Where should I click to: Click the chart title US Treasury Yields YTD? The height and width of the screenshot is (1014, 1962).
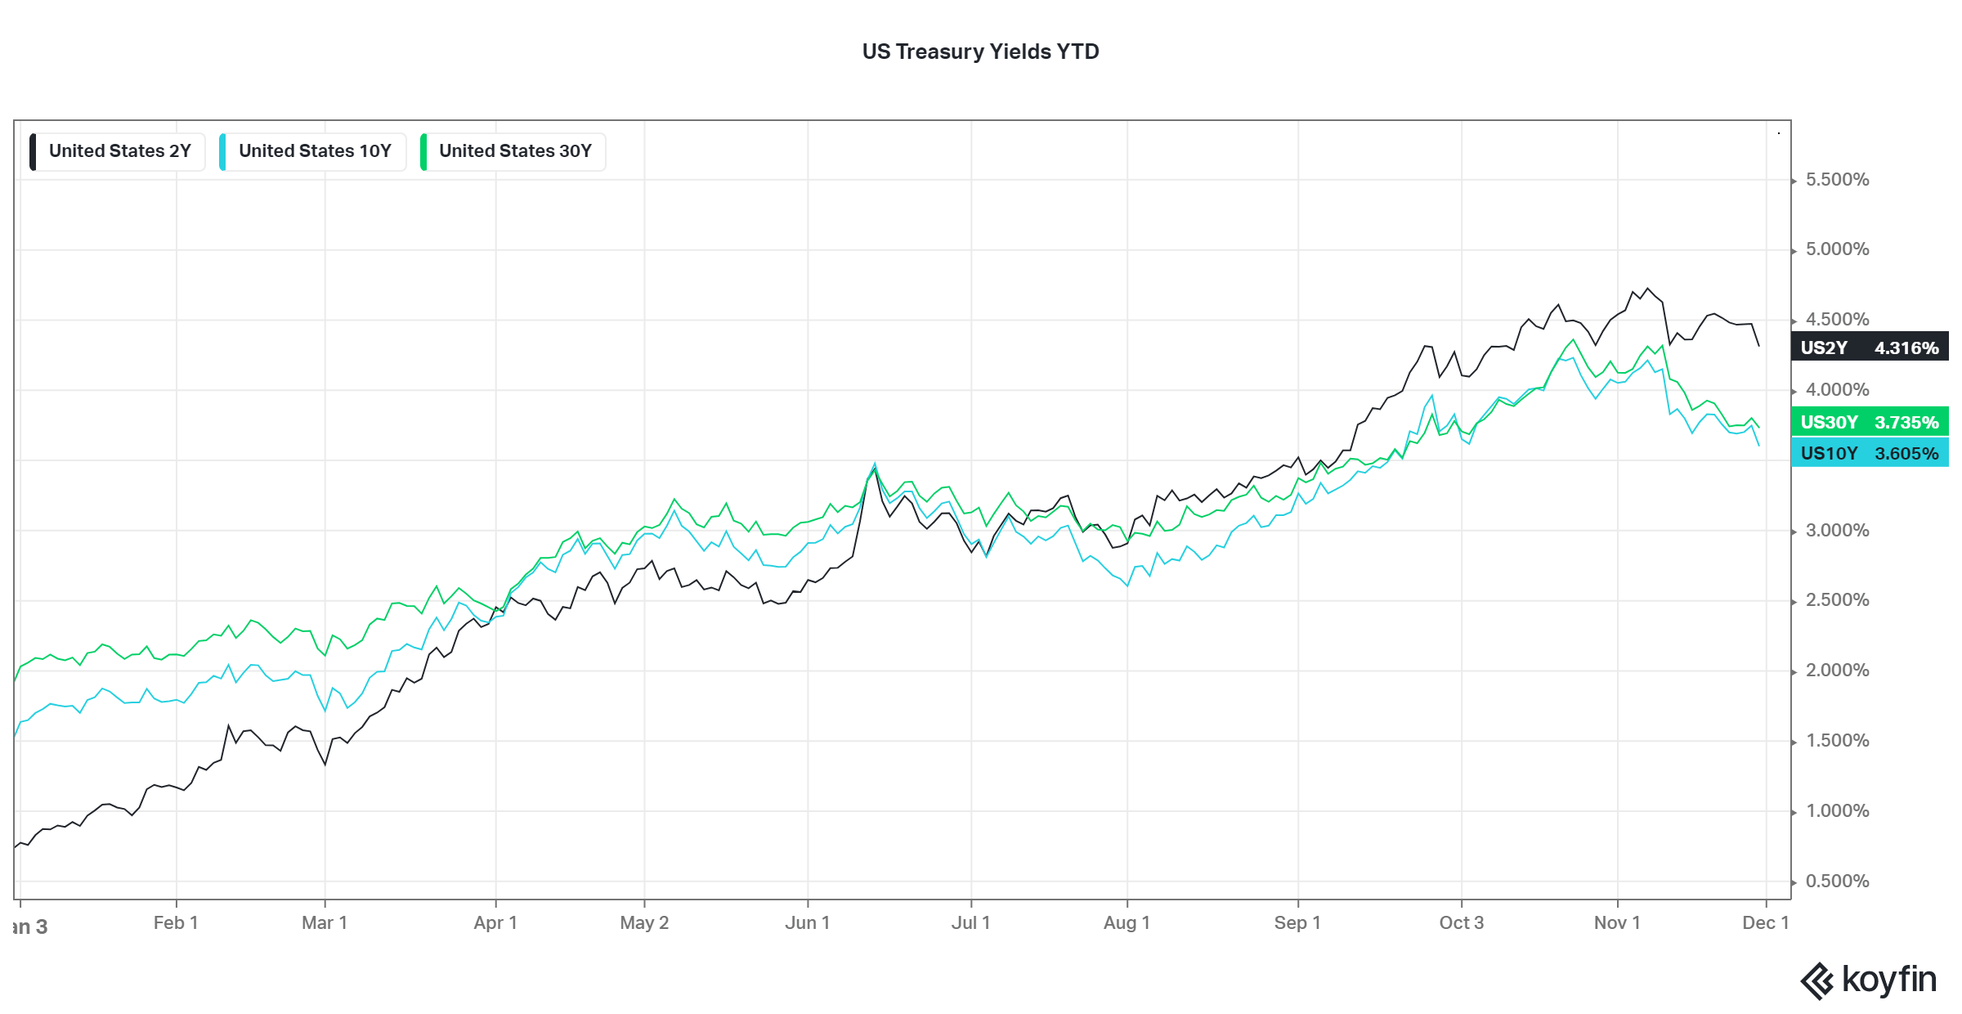click(x=980, y=52)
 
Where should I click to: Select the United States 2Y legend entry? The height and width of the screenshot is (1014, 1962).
click(x=119, y=151)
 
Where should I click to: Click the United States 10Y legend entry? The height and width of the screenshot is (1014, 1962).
click(x=315, y=151)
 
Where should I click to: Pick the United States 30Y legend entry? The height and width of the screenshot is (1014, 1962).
click(x=515, y=151)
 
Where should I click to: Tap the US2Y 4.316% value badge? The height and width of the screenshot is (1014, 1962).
click(x=1869, y=348)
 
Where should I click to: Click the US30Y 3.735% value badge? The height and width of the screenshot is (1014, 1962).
click(x=1869, y=422)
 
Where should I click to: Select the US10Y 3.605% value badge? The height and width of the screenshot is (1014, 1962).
click(x=1869, y=453)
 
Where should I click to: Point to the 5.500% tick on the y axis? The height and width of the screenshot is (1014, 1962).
click(x=1837, y=180)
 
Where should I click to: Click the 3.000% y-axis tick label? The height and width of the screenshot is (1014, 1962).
click(x=1837, y=531)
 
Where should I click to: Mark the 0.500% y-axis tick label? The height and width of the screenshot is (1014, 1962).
click(x=1837, y=882)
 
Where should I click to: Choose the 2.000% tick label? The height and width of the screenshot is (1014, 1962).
click(x=1837, y=671)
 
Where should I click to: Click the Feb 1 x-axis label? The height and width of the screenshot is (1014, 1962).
click(x=176, y=923)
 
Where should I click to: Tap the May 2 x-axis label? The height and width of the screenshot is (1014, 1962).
click(x=644, y=923)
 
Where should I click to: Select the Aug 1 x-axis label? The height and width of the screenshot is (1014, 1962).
click(x=1127, y=923)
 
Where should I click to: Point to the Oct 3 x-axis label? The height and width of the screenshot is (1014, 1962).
click(x=1461, y=923)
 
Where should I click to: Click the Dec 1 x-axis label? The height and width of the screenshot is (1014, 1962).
click(x=1765, y=923)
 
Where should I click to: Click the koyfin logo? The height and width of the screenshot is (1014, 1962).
click(x=1868, y=980)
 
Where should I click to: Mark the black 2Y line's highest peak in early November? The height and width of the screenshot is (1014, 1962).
click(x=1648, y=288)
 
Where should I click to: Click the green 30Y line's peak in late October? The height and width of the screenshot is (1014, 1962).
click(x=1574, y=339)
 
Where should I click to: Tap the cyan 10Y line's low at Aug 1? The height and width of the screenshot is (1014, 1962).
click(x=1127, y=586)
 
